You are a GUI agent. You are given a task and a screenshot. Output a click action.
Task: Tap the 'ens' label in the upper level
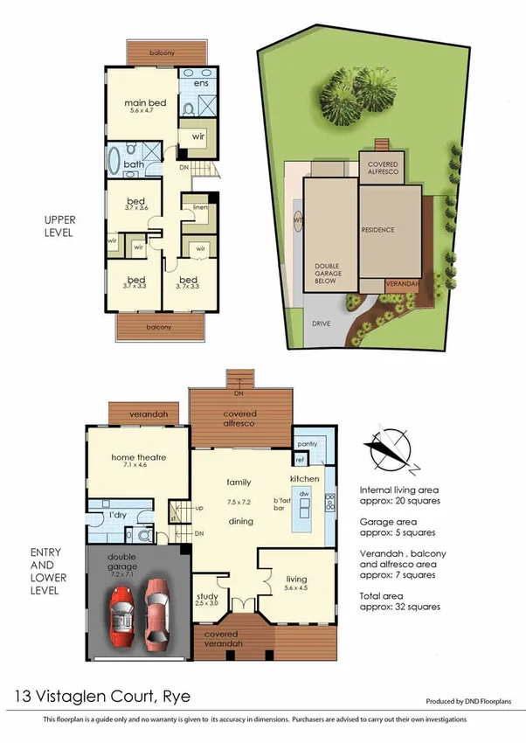200,83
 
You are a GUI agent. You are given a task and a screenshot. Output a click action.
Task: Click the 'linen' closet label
200,206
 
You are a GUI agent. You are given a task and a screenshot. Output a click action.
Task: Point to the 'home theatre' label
138,456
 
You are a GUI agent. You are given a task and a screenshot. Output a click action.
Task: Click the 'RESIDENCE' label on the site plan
377,230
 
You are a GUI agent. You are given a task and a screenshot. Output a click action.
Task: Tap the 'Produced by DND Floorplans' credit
468,701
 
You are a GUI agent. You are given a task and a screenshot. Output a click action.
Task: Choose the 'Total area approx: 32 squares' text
399,601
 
